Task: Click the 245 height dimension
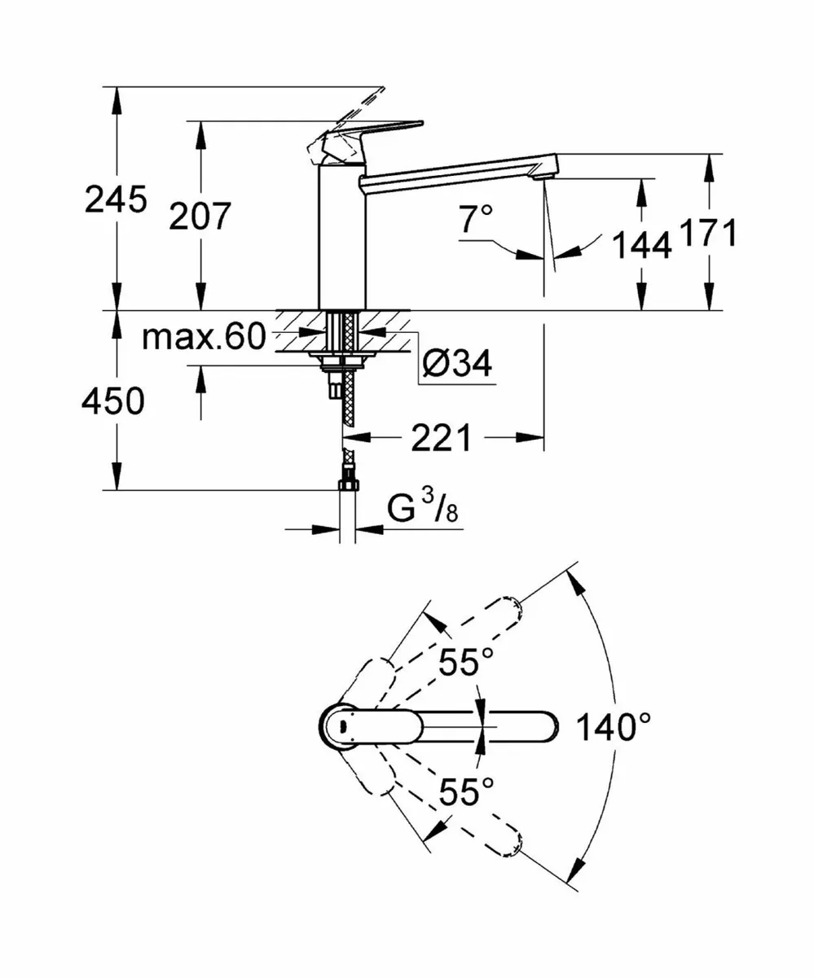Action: pyautogui.click(x=116, y=199)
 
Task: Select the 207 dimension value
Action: pyautogui.click(x=200, y=217)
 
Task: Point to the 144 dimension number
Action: pyautogui.click(x=641, y=244)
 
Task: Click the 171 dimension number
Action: pyautogui.click(x=708, y=234)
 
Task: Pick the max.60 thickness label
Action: pyautogui.click(x=204, y=335)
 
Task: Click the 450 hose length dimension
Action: pyautogui.click(x=115, y=401)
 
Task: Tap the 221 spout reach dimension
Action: pyautogui.click(x=441, y=439)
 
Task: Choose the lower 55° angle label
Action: pyautogui.click(x=467, y=791)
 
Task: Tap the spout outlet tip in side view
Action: pyautogui.click(x=542, y=171)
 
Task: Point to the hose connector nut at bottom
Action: pyautogui.click(x=347, y=486)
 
